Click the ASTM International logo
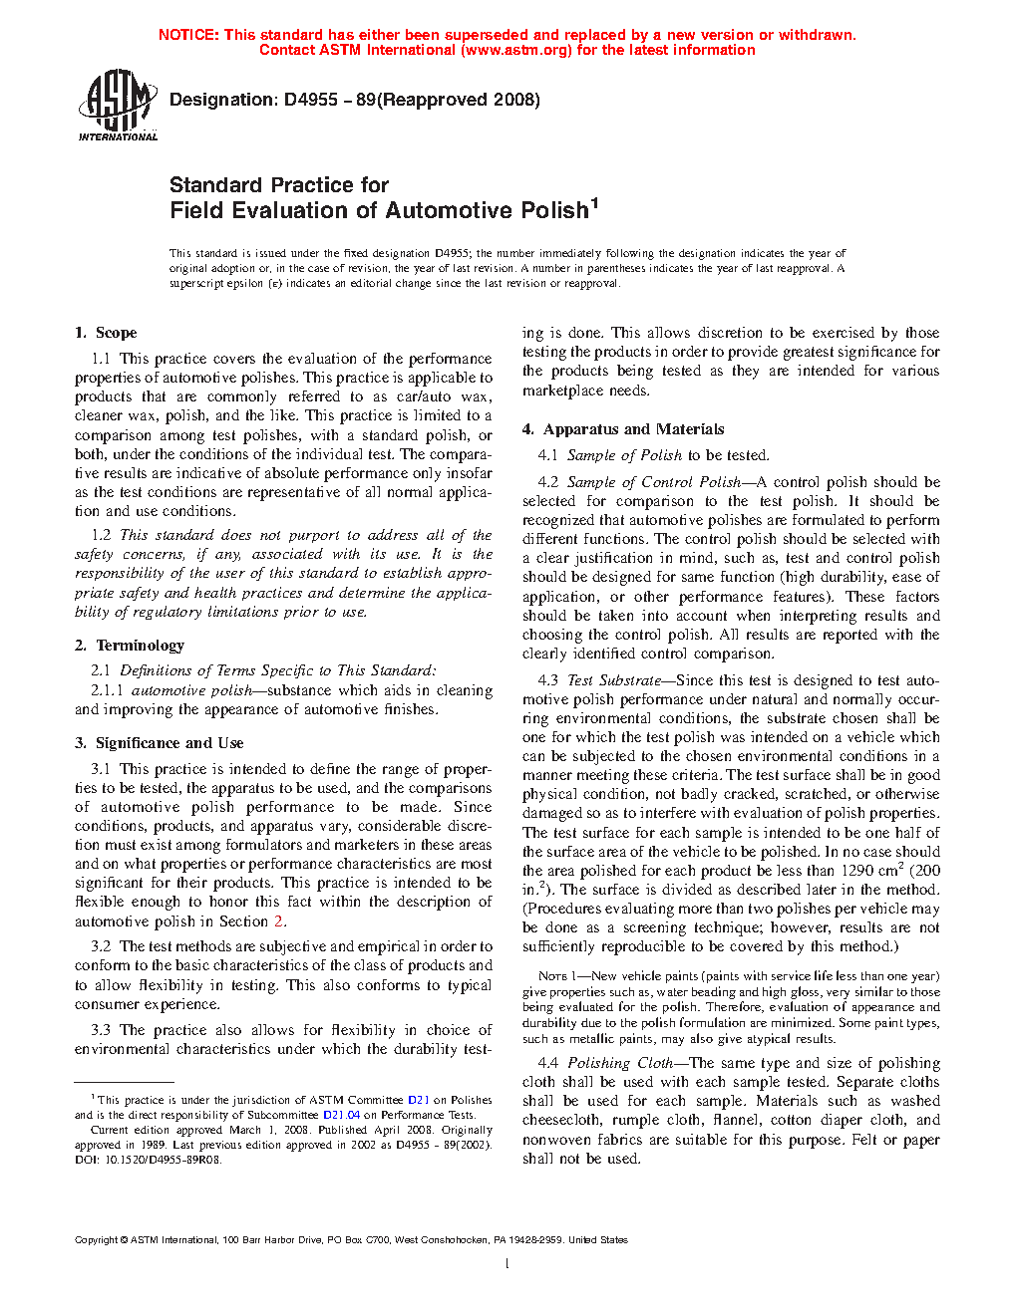coord(118,105)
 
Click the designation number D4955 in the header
coord(311,100)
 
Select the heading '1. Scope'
coord(107,333)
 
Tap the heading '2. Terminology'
coord(130,646)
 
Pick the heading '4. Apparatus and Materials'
coord(623,429)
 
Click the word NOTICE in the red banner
coord(188,35)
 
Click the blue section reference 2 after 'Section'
coord(279,921)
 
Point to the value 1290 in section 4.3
coord(856,871)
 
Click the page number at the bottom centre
coord(508,1264)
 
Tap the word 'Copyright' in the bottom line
coord(96,1240)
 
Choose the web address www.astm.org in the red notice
coord(516,50)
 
